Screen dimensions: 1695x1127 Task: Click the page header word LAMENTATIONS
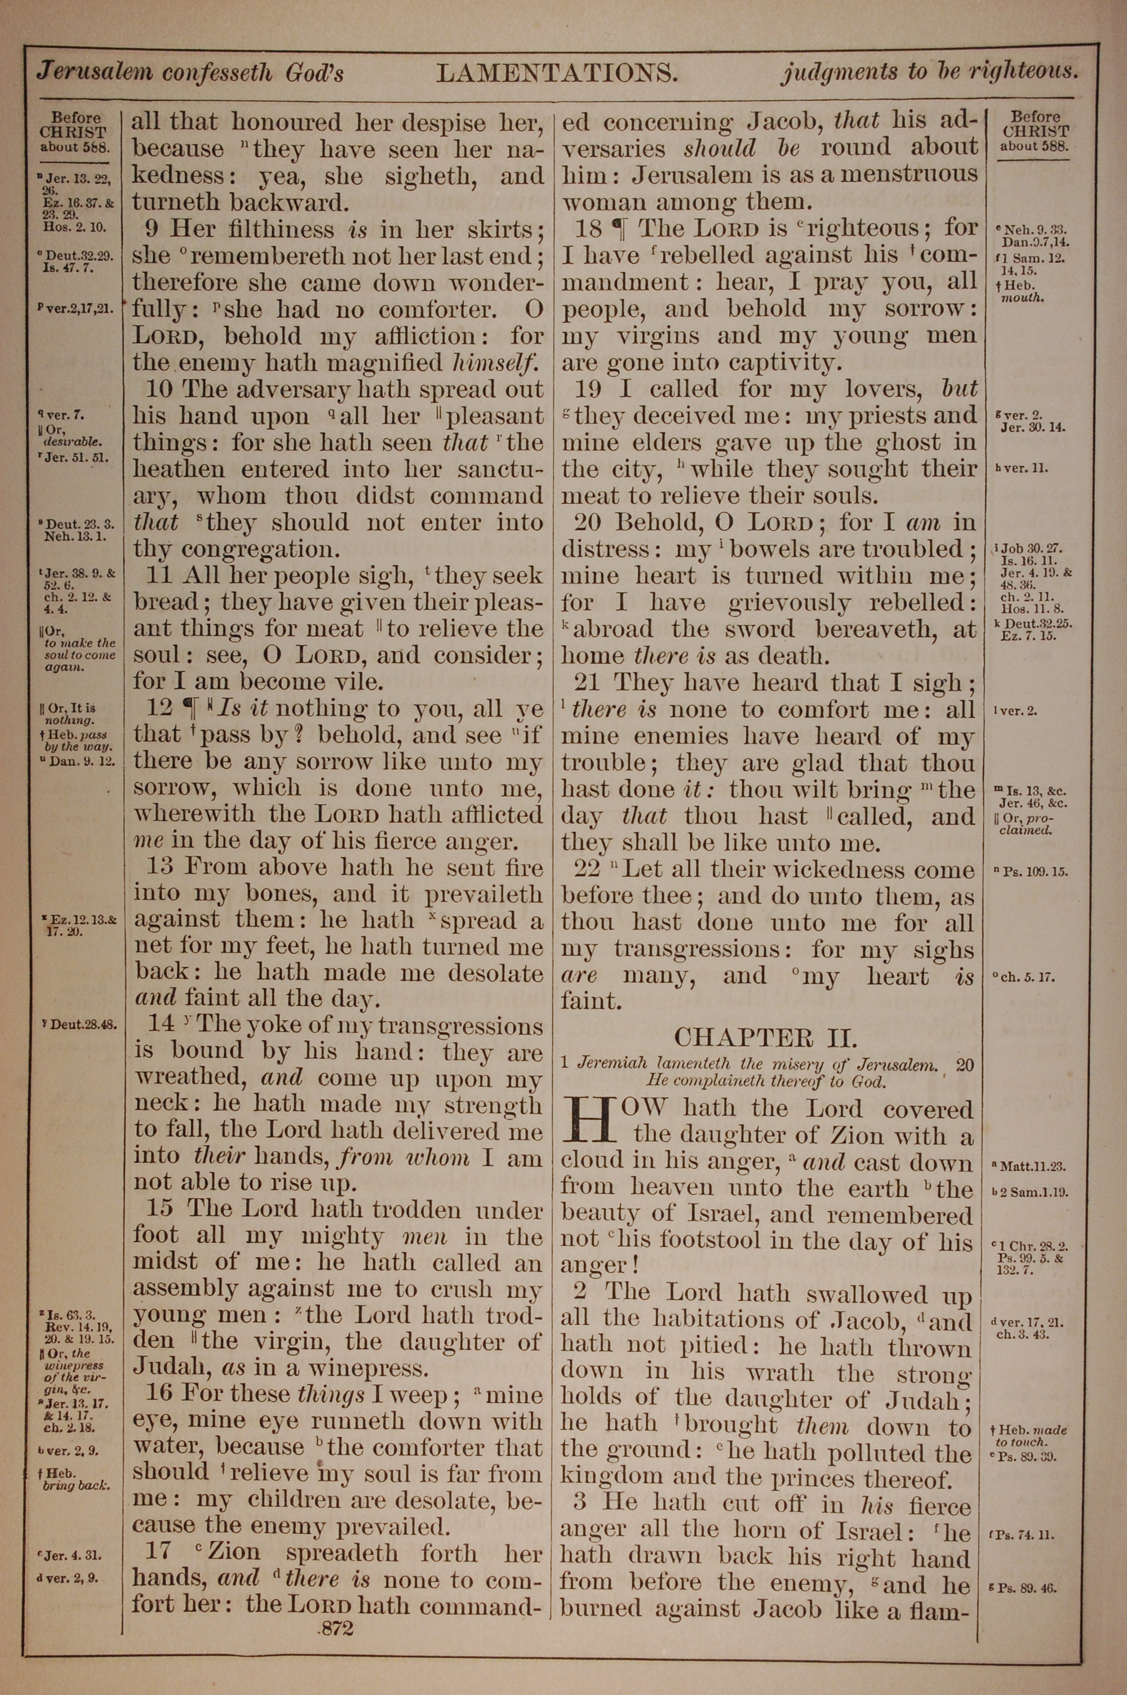click(557, 73)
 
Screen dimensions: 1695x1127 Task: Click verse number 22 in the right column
click(587, 869)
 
